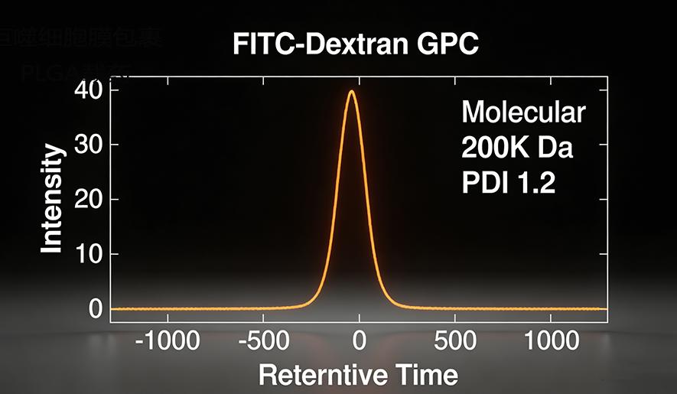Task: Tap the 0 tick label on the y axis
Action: (95, 308)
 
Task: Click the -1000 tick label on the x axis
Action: (168, 341)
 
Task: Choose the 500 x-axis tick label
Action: (456, 341)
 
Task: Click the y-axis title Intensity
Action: (52, 199)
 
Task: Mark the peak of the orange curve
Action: (351, 91)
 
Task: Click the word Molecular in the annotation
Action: (523, 113)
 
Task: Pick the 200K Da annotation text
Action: (516, 148)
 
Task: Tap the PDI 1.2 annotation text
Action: (508, 183)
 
